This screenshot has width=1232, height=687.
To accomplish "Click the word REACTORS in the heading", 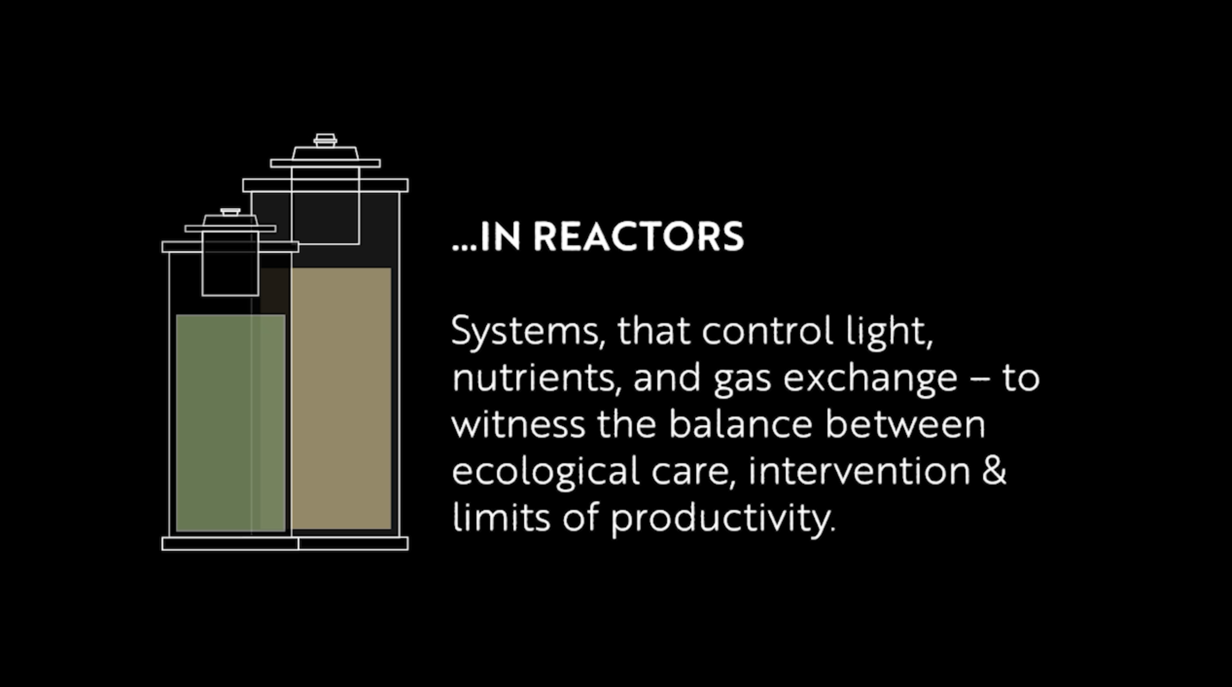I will tap(638, 237).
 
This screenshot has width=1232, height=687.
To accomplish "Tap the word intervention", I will tap(859, 471).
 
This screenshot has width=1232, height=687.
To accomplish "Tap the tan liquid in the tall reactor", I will tap(341, 399).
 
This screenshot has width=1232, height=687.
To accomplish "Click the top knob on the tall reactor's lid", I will tap(325, 140).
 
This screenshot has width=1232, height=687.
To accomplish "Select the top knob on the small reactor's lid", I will tap(230, 212).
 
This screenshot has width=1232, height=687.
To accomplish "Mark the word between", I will tap(905, 424).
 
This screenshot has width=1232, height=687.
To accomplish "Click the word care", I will tap(692, 471).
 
